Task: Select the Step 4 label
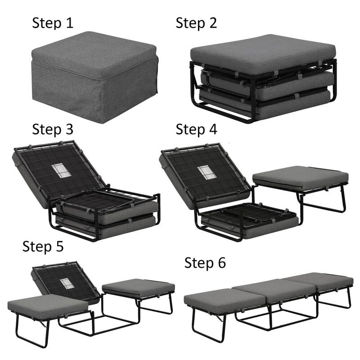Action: pos(196,129)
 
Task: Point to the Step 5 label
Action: pos(43,246)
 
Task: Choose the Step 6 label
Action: pos(205,263)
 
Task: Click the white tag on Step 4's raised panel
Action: pos(206,172)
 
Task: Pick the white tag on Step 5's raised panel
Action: pos(67,283)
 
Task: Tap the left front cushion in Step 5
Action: pos(47,306)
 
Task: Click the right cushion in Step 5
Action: pos(138,288)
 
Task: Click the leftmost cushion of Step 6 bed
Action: pos(220,300)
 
